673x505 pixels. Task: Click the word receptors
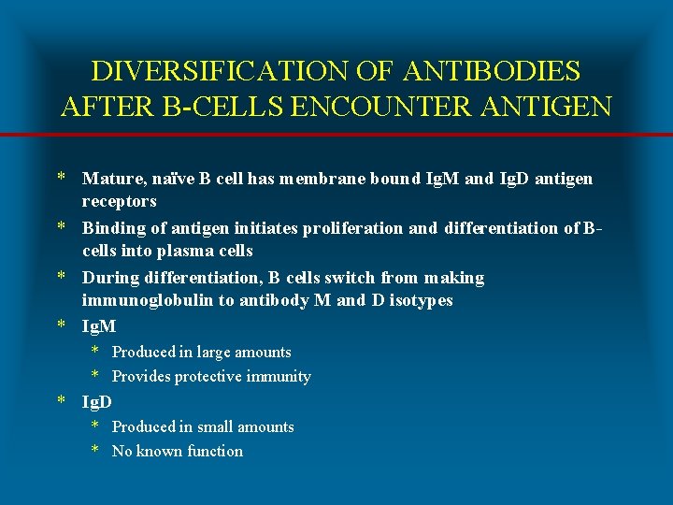click(120, 202)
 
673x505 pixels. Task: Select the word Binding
click(111, 228)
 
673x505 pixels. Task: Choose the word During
click(108, 278)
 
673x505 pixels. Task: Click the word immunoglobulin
click(141, 301)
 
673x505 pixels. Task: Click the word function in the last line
click(215, 452)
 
